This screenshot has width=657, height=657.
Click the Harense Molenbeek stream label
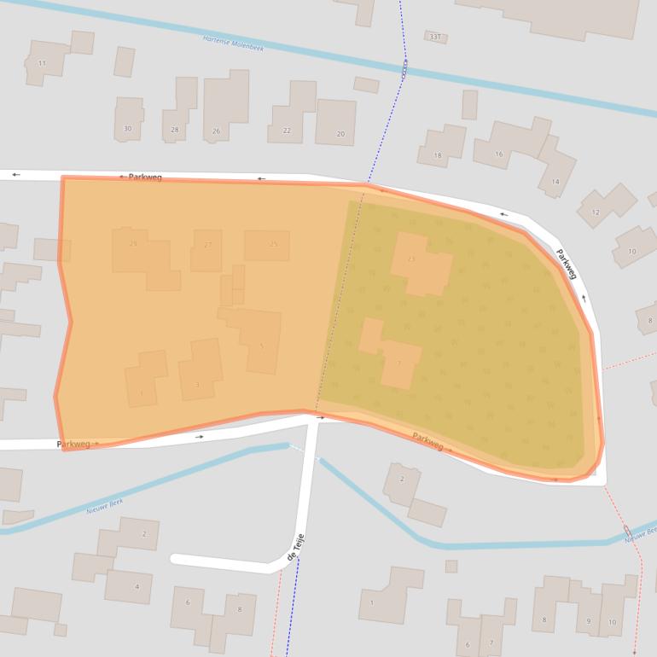[x=233, y=44]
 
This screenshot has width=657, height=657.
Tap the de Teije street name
[x=295, y=545]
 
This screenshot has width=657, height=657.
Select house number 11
[x=42, y=63]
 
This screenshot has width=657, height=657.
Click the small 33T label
[x=435, y=37]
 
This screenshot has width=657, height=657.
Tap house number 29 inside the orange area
[x=133, y=244]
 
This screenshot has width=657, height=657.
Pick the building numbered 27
[x=207, y=245]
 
